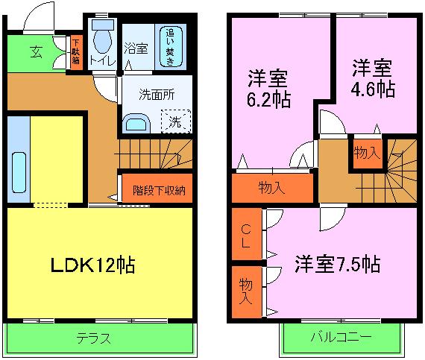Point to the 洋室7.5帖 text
tap(338, 264)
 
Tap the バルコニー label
tap(340, 338)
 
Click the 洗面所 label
tap(157, 95)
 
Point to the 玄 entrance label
tap(37, 51)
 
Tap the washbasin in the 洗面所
tap(135, 123)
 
